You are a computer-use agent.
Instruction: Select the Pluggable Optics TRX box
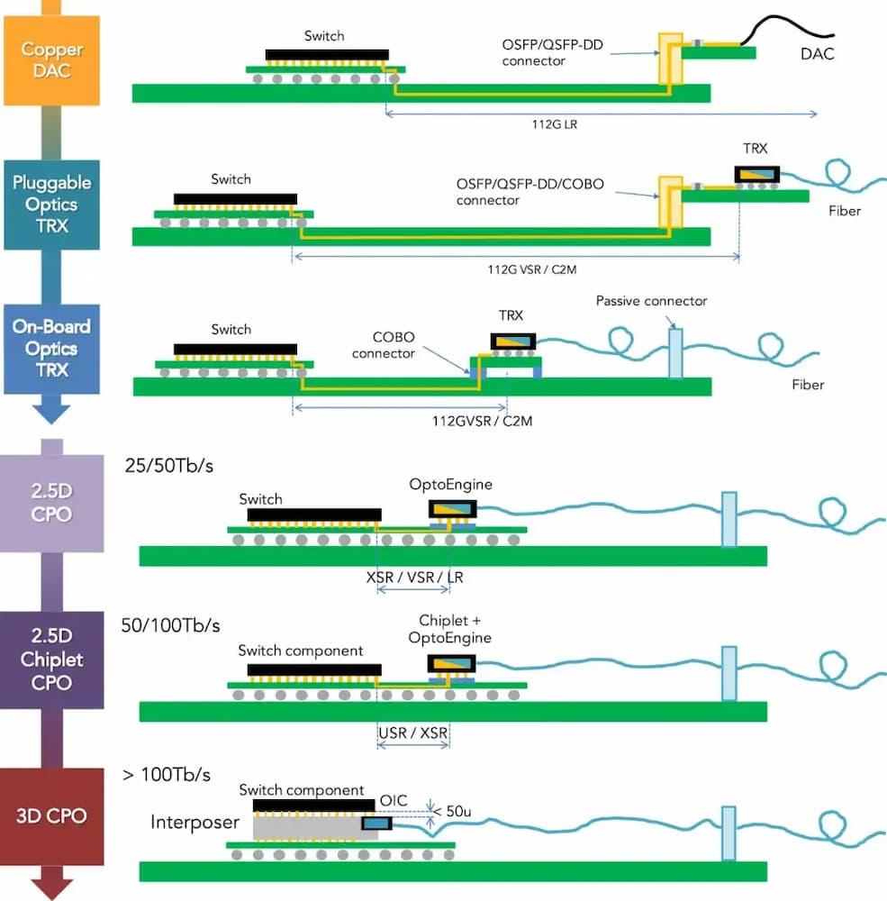(52, 204)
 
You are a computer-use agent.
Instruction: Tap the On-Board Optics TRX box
(51, 349)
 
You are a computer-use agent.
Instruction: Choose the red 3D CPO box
(51, 816)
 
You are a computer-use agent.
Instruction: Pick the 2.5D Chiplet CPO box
(51, 660)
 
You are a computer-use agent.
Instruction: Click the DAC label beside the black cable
(817, 54)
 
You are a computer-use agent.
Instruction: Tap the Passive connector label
(651, 300)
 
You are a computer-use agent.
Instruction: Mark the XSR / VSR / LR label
(415, 577)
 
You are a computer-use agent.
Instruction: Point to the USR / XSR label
(413, 733)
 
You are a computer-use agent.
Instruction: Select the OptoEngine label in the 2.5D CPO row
(451, 485)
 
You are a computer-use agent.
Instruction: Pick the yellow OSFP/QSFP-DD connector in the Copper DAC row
(669, 59)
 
